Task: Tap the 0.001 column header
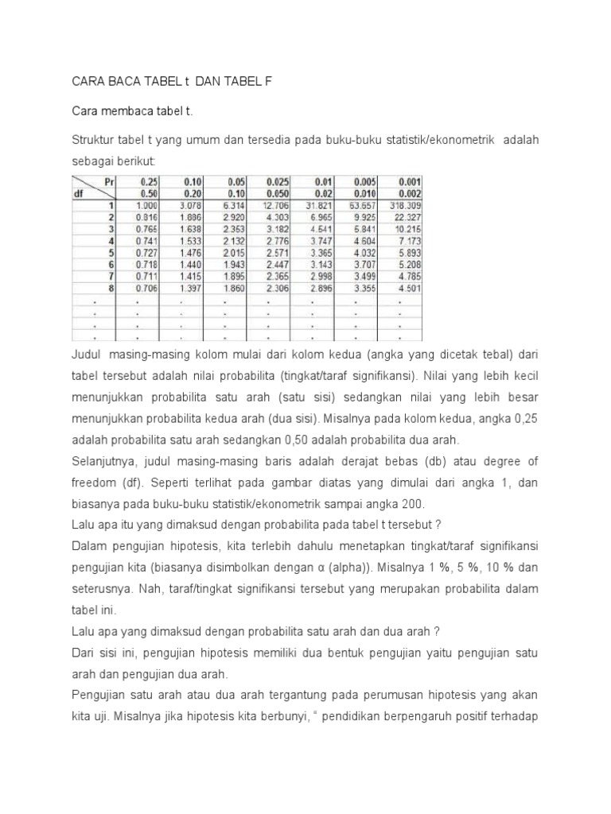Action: pyautogui.click(x=408, y=181)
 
